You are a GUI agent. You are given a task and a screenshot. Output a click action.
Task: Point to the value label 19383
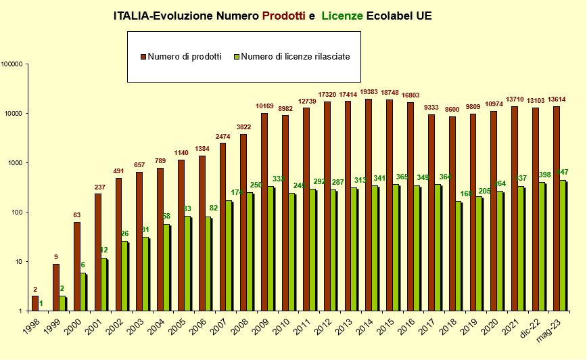pyautogui.click(x=369, y=91)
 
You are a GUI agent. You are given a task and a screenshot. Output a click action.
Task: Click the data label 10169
pyautogui.click(x=264, y=106)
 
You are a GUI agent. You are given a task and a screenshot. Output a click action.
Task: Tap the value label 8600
pyautogui.click(x=451, y=109)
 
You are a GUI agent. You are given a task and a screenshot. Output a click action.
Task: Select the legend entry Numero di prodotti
pyautogui.click(x=185, y=57)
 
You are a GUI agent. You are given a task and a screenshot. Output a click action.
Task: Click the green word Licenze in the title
pyautogui.click(x=343, y=16)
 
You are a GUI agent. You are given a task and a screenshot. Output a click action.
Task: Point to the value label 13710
pyautogui.click(x=513, y=99)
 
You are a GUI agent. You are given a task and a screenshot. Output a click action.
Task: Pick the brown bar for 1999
pyautogui.click(x=56, y=288)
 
